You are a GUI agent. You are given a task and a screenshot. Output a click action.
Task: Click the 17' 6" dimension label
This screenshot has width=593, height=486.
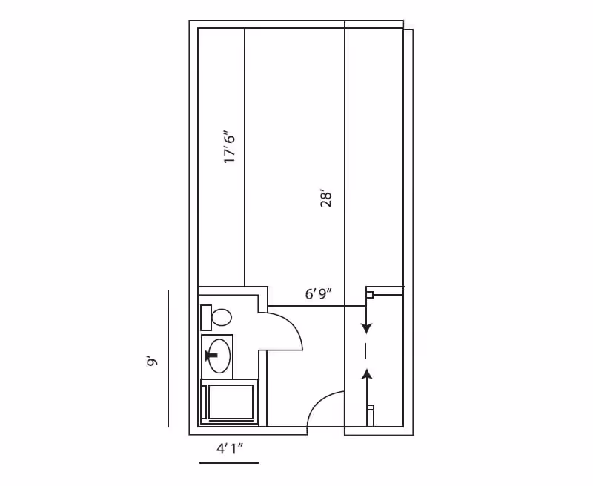click(x=230, y=147)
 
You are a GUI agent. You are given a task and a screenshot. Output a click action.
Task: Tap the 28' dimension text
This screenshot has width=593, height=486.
click(x=326, y=199)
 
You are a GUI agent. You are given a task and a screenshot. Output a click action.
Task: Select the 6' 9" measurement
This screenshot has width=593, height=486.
click(x=319, y=293)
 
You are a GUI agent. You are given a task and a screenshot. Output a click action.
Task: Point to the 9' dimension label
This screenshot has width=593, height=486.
click(x=152, y=361)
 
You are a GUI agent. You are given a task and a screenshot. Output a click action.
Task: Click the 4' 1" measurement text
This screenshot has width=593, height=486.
click(x=229, y=448)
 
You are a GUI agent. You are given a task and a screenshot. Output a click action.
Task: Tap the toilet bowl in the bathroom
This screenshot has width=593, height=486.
click(x=222, y=317)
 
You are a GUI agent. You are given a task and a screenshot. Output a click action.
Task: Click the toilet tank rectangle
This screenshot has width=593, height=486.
click(x=206, y=317)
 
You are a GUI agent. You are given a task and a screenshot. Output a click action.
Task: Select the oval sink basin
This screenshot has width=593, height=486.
click(x=219, y=356)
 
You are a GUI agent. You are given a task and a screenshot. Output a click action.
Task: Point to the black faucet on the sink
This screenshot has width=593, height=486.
click(x=212, y=356)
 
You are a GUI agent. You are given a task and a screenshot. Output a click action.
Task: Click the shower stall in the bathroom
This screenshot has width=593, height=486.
click(x=230, y=402)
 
